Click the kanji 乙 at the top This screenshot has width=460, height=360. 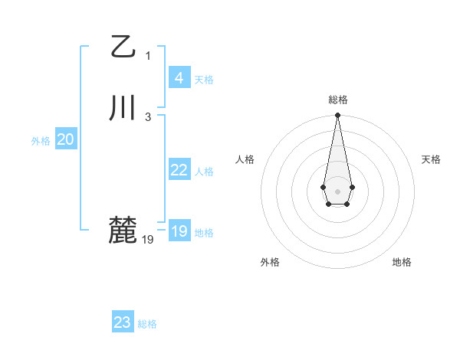point(123,47)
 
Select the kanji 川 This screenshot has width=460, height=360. point(123,108)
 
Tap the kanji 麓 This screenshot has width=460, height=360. point(123,230)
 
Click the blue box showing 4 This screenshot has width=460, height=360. point(179,78)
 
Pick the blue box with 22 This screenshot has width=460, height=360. point(179,170)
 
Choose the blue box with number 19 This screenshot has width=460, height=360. point(179,231)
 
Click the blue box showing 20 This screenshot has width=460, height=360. point(65,139)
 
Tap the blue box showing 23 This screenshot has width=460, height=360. point(122,322)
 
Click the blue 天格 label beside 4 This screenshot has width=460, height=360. point(204,80)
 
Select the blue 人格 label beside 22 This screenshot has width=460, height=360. point(204,172)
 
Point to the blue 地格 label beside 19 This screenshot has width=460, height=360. point(204,233)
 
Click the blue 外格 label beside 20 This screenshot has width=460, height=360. point(41,141)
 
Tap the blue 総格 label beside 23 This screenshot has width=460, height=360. point(147,324)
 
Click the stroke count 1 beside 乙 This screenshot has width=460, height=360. point(148,55)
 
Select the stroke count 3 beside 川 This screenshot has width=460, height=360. point(148,116)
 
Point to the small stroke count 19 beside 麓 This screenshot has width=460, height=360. point(148,239)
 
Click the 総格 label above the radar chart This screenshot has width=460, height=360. point(337,100)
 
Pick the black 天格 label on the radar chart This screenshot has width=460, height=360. point(431,159)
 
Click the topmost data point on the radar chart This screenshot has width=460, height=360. point(337,116)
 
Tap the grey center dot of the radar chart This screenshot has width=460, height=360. point(337,190)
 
